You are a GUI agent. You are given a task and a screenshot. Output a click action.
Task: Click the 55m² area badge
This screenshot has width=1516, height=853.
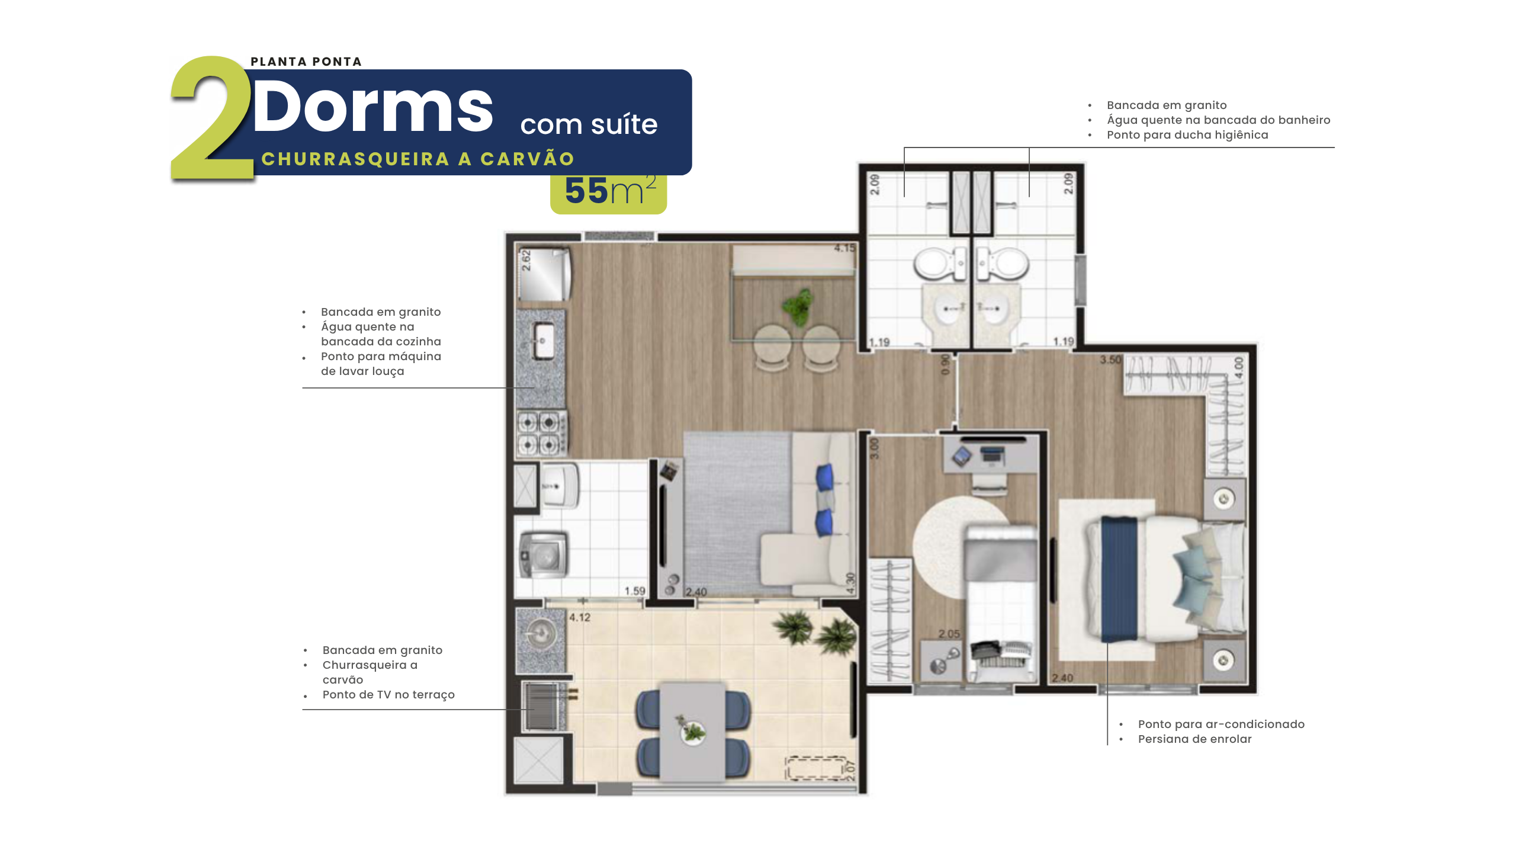click(x=609, y=191)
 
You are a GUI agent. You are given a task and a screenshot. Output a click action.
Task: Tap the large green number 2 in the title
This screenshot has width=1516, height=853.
click(x=212, y=118)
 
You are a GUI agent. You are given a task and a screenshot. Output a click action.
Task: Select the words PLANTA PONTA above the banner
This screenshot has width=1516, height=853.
click(x=306, y=62)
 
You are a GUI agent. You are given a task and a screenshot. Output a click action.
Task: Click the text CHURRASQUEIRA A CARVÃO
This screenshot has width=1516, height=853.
click(x=418, y=159)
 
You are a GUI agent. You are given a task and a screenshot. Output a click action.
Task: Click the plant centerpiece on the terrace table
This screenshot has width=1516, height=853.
click(x=690, y=729)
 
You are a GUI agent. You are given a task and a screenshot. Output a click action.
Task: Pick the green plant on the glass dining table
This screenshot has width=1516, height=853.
click(x=798, y=306)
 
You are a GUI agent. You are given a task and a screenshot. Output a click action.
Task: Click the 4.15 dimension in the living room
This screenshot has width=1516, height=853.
click(x=844, y=248)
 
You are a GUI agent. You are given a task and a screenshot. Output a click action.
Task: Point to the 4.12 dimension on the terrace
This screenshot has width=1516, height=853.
click(x=580, y=617)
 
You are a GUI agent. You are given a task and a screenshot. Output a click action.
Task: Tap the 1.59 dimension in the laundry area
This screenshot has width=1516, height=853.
click(x=635, y=591)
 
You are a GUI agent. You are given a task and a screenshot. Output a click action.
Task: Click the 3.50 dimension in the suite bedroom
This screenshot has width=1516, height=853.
click(x=1111, y=360)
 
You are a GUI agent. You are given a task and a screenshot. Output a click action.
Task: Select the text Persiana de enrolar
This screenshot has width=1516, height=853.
click(x=1194, y=739)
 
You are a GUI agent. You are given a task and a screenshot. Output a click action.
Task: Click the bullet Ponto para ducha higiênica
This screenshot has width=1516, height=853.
click(x=1187, y=135)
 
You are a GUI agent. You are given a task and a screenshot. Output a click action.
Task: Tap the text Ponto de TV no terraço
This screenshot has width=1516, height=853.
click(x=388, y=695)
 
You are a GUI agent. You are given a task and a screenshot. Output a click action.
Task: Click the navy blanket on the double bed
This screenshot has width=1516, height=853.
click(x=1119, y=579)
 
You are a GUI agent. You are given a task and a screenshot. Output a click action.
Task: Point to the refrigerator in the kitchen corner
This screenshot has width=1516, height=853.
click(x=544, y=274)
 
